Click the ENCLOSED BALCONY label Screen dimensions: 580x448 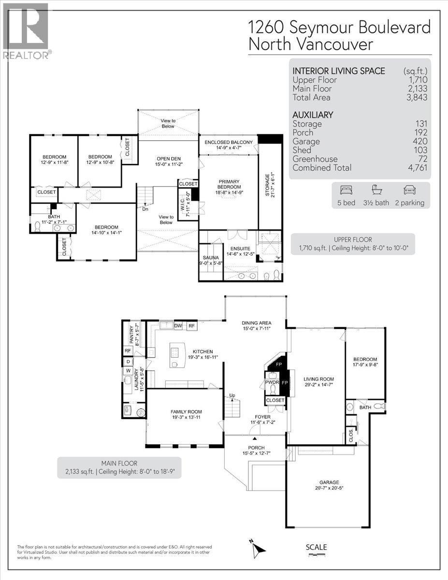tap(228, 142)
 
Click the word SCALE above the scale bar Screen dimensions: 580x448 tap(317, 547)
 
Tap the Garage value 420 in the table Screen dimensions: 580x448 tap(419, 141)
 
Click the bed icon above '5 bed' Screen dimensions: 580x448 tap(346, 189)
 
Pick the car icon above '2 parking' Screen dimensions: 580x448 tap(409, 189)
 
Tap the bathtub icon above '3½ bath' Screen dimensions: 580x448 tap(377, 189)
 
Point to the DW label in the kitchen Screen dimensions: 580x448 tap(178, 326)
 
